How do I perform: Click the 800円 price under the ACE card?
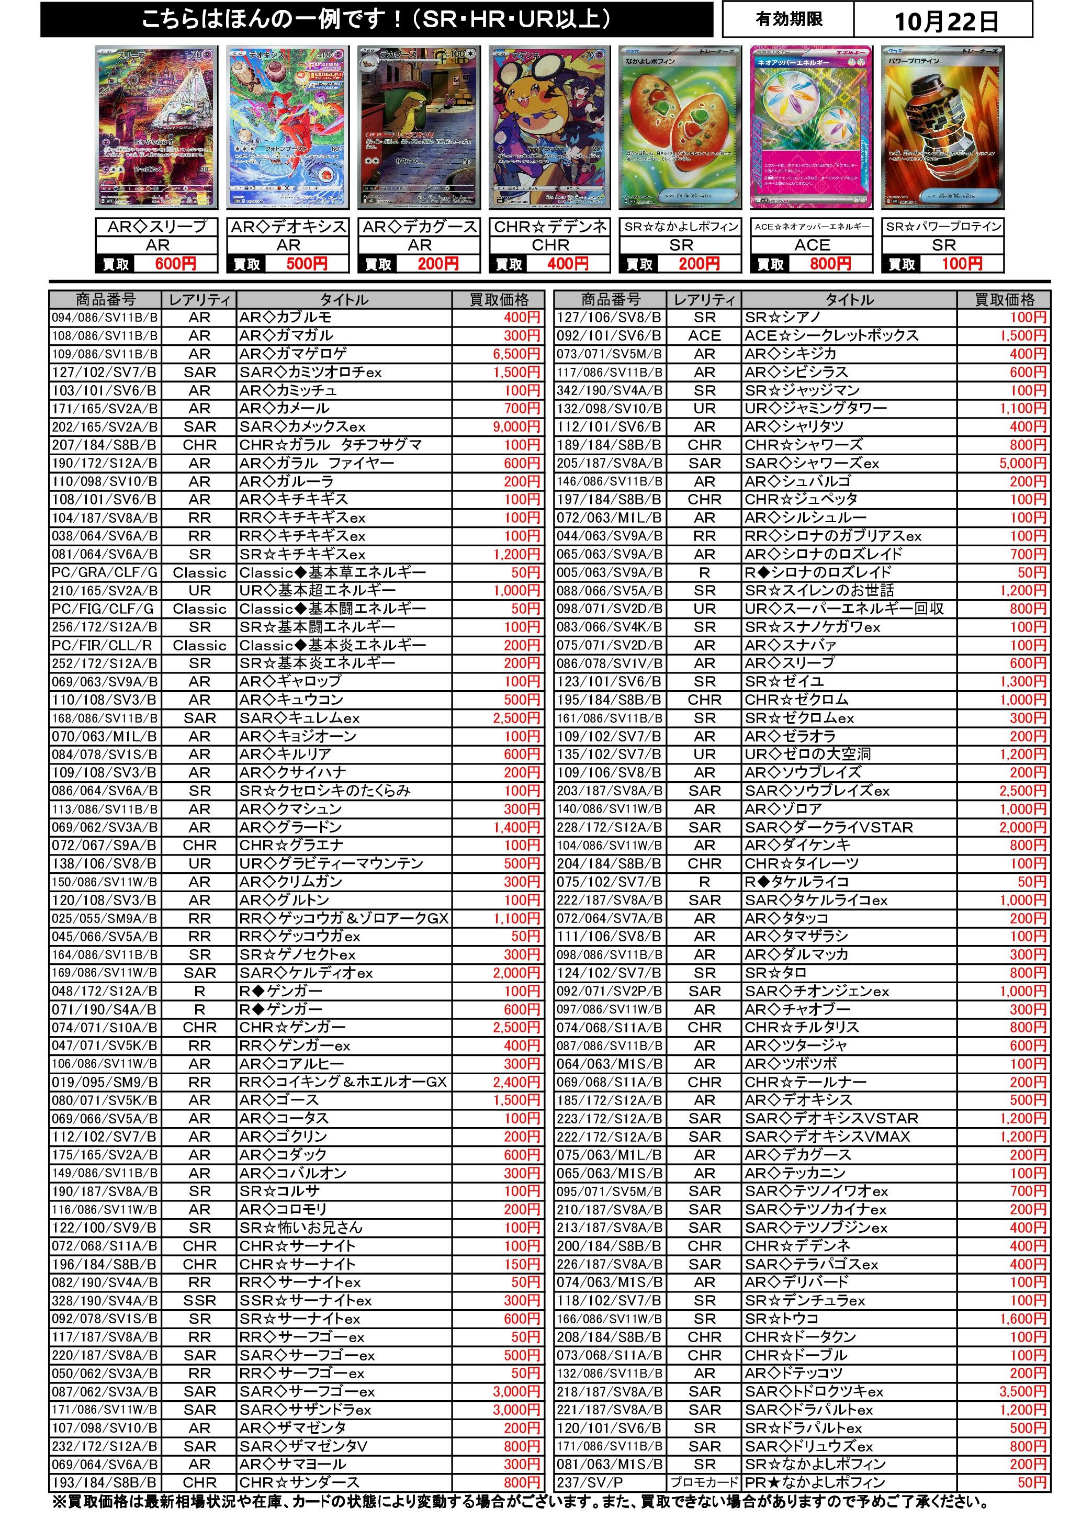point(830,264)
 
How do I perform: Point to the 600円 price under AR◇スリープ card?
point(175,264)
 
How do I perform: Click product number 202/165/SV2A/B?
point(105,426)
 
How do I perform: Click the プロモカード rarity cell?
point(704,1482)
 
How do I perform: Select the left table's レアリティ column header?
point(199,300)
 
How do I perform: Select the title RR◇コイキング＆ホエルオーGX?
point(343,1082)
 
